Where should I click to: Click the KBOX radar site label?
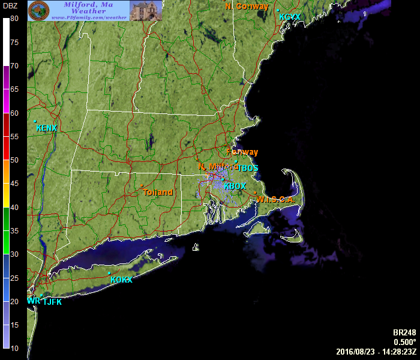pos(235,187)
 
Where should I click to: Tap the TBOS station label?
pos(248,168)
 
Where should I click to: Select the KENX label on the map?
pos(46,128)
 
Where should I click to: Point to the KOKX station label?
pos(121,280)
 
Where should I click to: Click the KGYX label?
pos(290,17)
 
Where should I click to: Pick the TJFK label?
pos(52,302)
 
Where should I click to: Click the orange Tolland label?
pos(158,193)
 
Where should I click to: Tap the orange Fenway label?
pos(242,152)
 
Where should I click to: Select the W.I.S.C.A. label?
pos(276,200)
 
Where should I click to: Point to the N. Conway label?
pos(247,6)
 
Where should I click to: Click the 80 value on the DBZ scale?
pos(14,19)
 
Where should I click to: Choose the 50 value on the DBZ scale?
pos(14,160)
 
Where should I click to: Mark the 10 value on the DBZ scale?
pos(14,348)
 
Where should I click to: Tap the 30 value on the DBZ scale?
pos(14,254)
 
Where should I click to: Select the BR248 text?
pos(404,333)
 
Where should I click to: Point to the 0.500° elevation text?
pos(404,342)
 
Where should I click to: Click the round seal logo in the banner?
pos(39,10)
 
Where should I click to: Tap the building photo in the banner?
pos(146,10)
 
